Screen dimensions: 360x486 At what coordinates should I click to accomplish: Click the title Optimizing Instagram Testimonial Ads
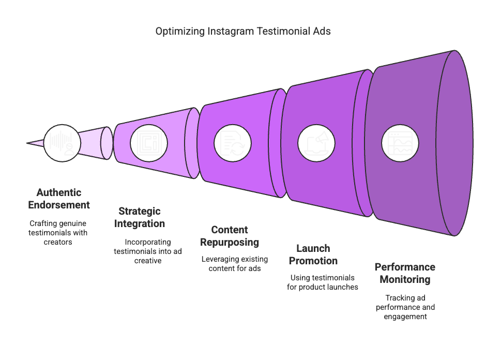tap(243, 31)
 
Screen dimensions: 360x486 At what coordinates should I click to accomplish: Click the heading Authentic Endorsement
tap(59, 199)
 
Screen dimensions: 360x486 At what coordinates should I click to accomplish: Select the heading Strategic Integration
tap(140, 217)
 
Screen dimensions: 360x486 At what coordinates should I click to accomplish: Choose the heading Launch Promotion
tap(313, 254)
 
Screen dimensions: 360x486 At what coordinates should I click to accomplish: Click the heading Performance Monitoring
tap(405, 273)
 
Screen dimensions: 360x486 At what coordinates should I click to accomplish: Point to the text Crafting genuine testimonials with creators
tap(58, 232)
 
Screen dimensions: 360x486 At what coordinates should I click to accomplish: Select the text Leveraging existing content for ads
tap(231, 263)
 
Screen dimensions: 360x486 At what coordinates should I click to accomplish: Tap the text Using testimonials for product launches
tap(323, 282)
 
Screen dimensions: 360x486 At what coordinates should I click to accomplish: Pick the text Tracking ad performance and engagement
tap(405, 307)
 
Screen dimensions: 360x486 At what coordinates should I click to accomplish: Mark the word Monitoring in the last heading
tap(405, 279)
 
